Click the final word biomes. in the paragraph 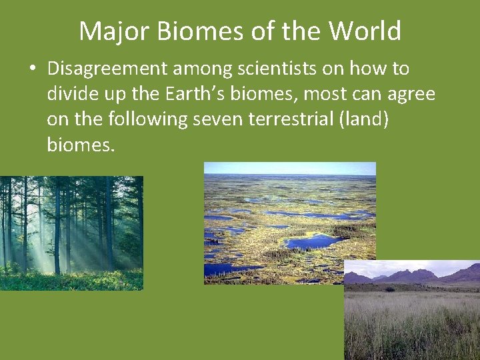(x=81, y=145)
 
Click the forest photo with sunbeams (x=71, y=233)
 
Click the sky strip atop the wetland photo (x=289, y=168)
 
